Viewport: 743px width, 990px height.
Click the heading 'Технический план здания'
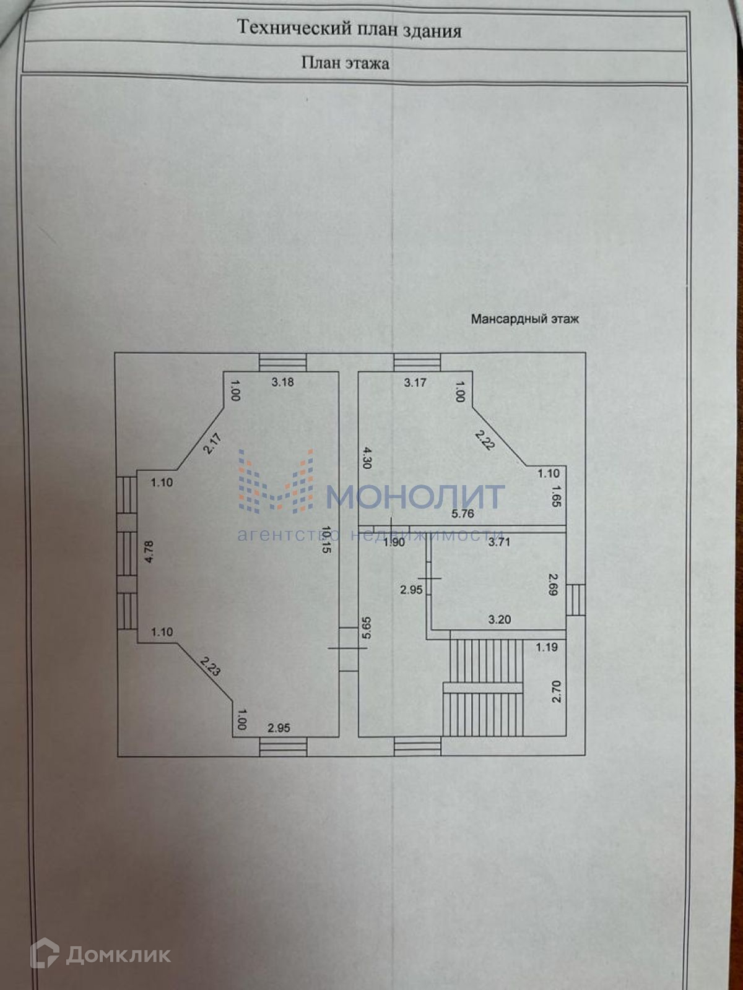[x=349, y=29]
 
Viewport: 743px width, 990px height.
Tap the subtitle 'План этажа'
[x=345, y=63]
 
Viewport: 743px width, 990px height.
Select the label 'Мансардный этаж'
[x=524, y=319]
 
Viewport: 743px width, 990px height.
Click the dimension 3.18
[x=283, y=382]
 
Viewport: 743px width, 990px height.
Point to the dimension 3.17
[x=415, y=383]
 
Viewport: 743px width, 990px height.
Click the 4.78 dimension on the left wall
[x=148, y=551]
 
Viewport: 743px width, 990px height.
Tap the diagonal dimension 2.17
[x=212, y=444]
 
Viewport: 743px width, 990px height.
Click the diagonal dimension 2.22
[x=485, y=440]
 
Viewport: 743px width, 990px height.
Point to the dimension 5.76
[x=463, y=514]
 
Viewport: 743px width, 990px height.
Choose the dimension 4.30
[x=367, y=458]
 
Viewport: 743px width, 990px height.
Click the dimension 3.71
[x=499, y=543]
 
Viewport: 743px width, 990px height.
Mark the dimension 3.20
[x=499, y=620]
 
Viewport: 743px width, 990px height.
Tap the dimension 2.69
[x=554, y=584]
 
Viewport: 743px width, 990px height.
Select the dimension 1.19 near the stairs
[x=547, y=648]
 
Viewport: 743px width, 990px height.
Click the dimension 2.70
[x=555, y=691]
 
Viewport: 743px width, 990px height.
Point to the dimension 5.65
[x=367, y=628]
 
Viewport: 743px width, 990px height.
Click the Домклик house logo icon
[x=45, y=953]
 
